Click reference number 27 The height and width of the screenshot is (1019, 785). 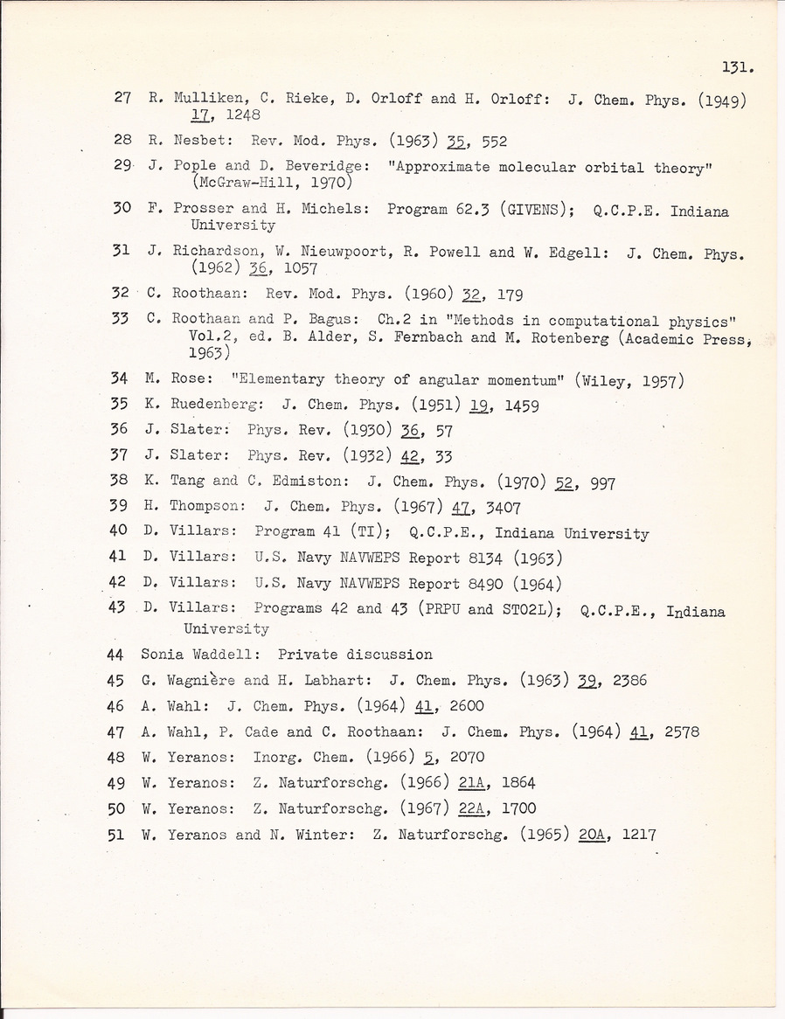click(x=122, y=98)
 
